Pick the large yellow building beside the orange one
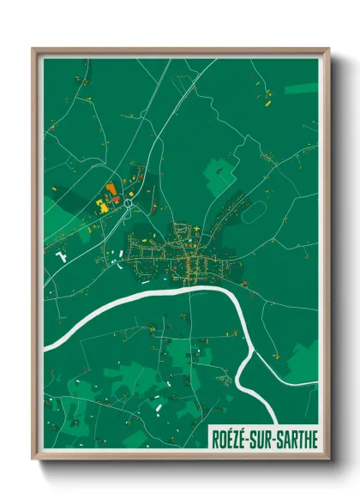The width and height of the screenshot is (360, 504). (x=100, y=207)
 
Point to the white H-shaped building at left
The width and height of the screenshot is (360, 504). (x=60, y=256)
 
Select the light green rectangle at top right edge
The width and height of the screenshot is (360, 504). (x=301, y=88)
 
